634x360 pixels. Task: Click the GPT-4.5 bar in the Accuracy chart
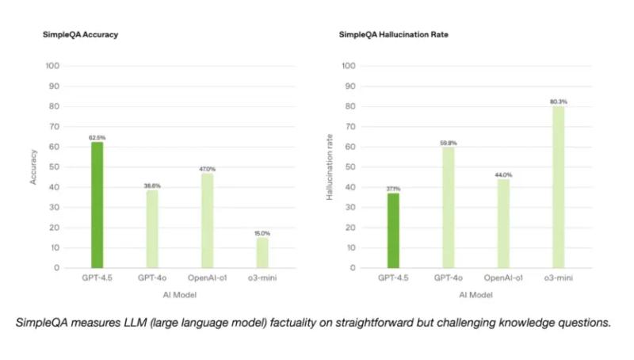pos(97,205)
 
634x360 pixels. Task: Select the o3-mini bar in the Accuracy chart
pos(262,252)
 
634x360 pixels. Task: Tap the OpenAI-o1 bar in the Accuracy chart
pos(208,220)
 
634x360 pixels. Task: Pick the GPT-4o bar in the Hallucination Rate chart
pos(449,207)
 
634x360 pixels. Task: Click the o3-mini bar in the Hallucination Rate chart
pos(559,186)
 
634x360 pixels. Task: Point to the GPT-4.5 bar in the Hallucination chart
pos(394,230)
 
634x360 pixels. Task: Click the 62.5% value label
pos(97,137)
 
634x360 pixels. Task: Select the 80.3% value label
pos(559,101)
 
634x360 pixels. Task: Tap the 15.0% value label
pos(262,233)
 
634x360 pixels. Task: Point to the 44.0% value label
pos(504,174)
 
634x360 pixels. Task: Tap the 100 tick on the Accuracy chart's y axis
pos(53,65)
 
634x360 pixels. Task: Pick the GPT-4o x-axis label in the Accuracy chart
pos(152,279)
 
